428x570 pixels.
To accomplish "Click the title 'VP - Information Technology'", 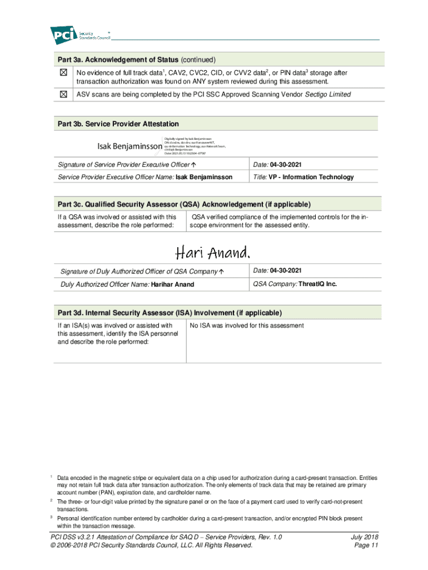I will (x=311, y=177).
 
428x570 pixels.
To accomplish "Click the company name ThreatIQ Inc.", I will (x=317, y=284).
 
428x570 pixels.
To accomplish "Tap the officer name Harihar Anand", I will (x=173, y=284).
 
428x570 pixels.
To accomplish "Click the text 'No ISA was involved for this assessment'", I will (x=247, y=326).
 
